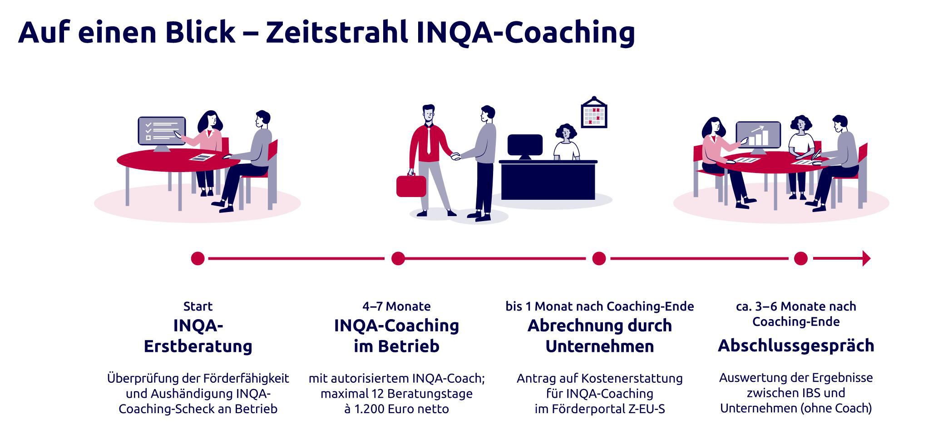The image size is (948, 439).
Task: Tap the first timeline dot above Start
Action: [198, 258]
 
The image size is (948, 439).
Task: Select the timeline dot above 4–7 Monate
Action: [398, 258]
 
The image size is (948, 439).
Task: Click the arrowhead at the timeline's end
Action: [866, 258]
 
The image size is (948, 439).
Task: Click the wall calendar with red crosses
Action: [594, 112]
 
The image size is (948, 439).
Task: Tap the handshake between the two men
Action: [455, 157]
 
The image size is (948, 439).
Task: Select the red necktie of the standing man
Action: [429, 140]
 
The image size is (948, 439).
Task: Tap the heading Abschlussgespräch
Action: [796, 346]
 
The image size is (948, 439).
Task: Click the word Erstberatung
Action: [198, 346]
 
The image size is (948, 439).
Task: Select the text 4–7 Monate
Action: [396, 306]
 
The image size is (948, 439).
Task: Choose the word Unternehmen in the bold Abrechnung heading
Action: [600, 346]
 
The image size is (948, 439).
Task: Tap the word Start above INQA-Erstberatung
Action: [198, 306]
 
